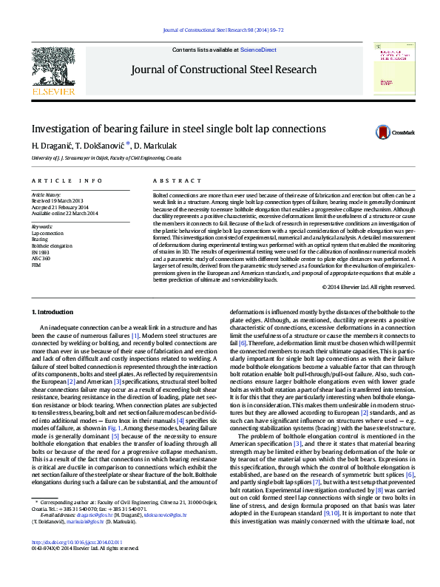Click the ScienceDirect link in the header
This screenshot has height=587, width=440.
(x=259, y=50)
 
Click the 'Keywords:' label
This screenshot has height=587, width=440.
(x=43, y=226)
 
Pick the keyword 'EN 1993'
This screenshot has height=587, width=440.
(x=41, y=251)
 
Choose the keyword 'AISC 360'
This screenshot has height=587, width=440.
(x=41, y=257)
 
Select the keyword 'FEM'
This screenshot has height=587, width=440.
(x=36, y=264)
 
